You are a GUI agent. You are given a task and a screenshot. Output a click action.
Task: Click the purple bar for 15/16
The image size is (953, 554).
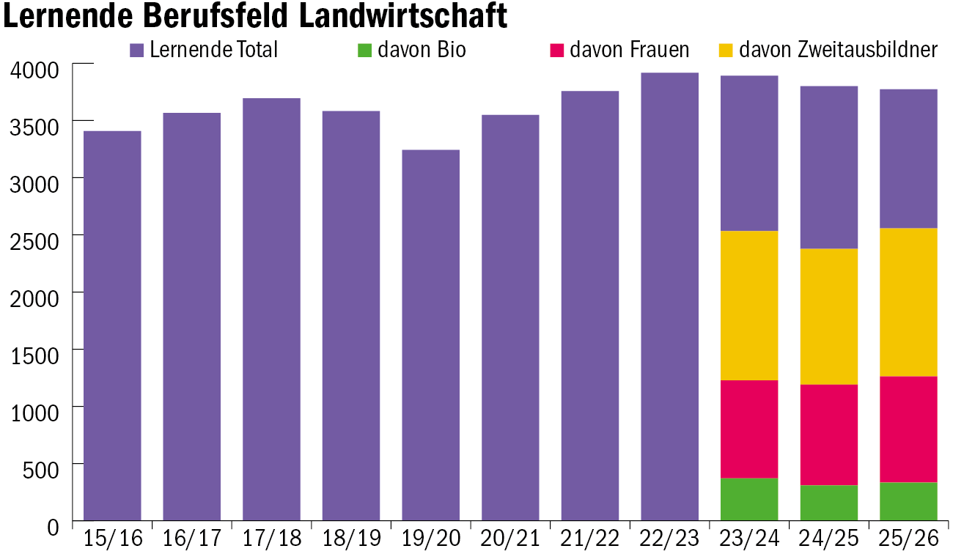coord(113,326)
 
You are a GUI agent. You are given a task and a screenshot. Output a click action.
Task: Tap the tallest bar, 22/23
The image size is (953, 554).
coord(669,297)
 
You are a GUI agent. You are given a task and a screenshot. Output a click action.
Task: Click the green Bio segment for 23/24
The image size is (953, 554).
coord(749,499)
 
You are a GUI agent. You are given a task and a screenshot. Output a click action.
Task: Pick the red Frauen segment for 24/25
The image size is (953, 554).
coord(828,435)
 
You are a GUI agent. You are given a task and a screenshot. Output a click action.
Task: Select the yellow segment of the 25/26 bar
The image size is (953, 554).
coord(908,302)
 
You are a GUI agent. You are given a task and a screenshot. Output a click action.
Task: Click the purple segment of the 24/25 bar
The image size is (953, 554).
coord(828,167)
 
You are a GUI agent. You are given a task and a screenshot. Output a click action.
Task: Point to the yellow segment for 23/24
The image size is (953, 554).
coord(749,306)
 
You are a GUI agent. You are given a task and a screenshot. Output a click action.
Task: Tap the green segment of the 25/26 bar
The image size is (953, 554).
coord(908,501)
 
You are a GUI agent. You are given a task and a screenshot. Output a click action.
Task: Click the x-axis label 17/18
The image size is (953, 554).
coord(272,539)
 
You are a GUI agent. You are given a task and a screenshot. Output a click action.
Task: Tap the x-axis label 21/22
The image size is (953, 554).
coord(590,539)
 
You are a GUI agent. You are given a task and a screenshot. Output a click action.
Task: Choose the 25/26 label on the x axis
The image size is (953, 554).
coord(908,539)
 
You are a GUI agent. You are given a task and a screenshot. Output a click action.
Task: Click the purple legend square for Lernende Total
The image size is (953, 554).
coord(137,50)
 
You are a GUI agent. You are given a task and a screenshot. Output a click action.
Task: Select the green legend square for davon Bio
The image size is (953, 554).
coord(365,50)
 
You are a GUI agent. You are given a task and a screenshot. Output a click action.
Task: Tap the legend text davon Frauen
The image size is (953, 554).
coord(629,50)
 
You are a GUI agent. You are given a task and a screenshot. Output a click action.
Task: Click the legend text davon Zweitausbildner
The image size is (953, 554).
coord(838,50)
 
